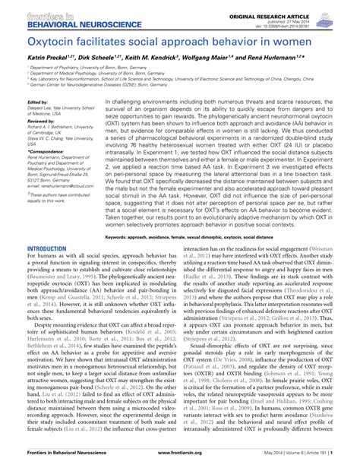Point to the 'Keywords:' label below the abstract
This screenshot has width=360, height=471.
(121, 237)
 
